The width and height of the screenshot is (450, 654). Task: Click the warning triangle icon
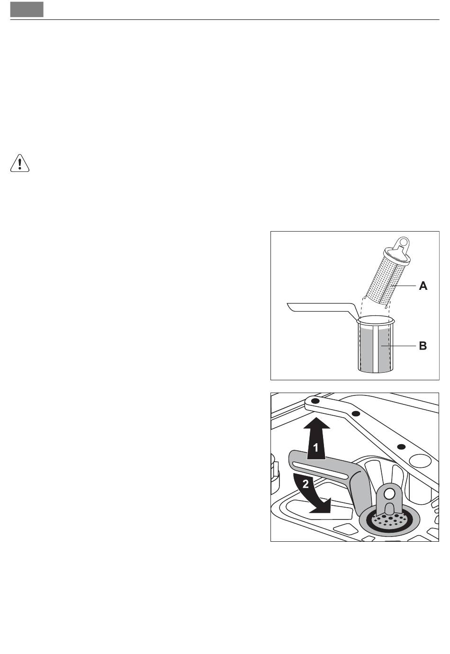pyautogui.click(x=19, y=163)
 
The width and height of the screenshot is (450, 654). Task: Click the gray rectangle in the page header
pyautogui.click(x=27, y=9)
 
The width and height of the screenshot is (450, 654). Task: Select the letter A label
pyautogui.click(x=423, y=286)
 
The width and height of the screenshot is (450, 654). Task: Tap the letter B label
pyautogui.click(x=423, y=346)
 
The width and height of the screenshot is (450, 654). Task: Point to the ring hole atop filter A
pyautogui.click(x=404, y=242)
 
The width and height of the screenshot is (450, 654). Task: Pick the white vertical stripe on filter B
pyautogui.click(x=376, y=350)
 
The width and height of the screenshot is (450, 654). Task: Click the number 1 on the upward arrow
pyautogui.click(x=315, y=448)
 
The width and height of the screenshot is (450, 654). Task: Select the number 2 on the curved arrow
pyautogui.click(x=306, y=484)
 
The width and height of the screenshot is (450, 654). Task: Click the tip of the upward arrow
pyautogui.click(x=317, y=418)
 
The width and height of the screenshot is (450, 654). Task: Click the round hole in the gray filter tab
pyautogui.click(x=389, y=494)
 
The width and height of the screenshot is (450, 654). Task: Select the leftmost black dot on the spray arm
pyautogui.click(x=315, y=402)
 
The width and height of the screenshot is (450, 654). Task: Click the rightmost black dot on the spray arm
pyautogui.click(x=402, y=447)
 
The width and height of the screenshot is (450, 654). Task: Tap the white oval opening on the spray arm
pyautogui.click(x=420, y=460)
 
